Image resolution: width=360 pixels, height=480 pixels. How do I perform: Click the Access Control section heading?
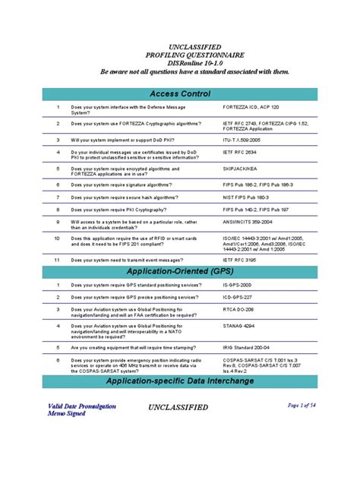(180, 93)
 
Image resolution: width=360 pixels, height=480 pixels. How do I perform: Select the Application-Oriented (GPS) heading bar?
(180, 271)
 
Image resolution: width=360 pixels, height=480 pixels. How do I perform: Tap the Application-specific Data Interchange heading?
(180, 381)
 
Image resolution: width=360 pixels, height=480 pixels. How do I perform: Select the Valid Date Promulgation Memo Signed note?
(72, 410)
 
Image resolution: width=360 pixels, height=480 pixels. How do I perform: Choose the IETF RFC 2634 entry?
(238, 152)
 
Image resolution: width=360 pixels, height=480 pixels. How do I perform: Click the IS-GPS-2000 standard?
(238, 285)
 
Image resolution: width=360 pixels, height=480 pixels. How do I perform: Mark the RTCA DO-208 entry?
(240, 310)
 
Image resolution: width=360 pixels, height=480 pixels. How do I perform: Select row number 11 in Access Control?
(56, 259)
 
